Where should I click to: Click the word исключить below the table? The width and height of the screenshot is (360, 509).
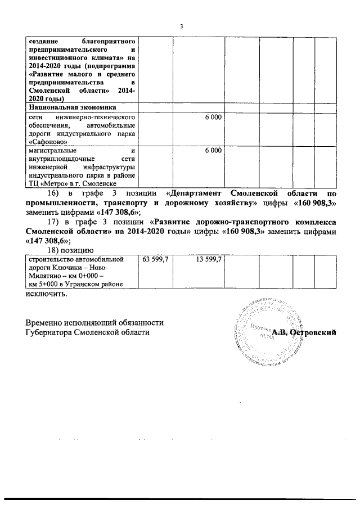46,294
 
